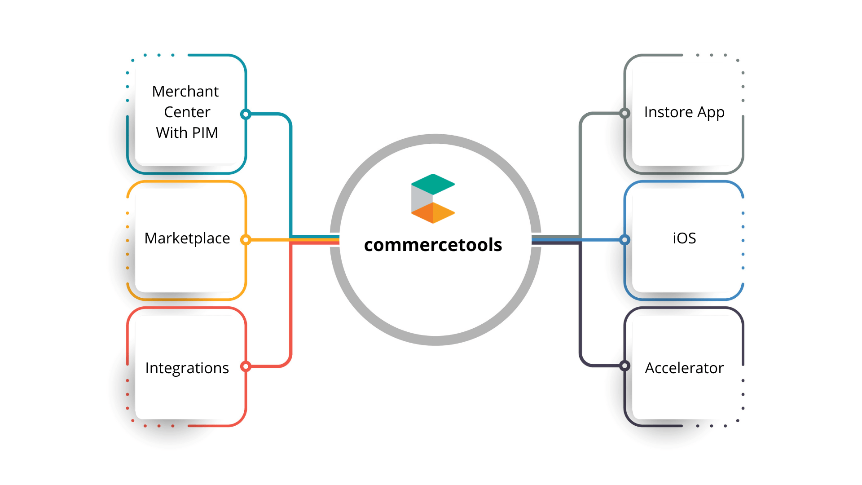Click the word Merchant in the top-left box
(x=185, y=92)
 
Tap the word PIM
(x=205, y=133)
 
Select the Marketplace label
(x=187, y=238)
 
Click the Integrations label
(x=187, y=368)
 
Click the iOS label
(x=684, y=238)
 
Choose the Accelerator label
(x=684, y=368)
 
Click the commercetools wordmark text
(x=433, y=245)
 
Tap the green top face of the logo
(x=433, y=184)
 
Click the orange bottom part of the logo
(x=432, y=213)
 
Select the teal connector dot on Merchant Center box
(x=246, y=114)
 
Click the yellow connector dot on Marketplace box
(x=246, y=240)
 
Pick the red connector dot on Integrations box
(x=246, y=366)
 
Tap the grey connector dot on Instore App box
(x=625, y=113)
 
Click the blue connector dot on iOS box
(x=625, y=240)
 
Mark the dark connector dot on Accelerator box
(x=625, y=366)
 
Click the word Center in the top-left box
(x=187, y=112)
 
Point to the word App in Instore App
(x=711, y=112)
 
